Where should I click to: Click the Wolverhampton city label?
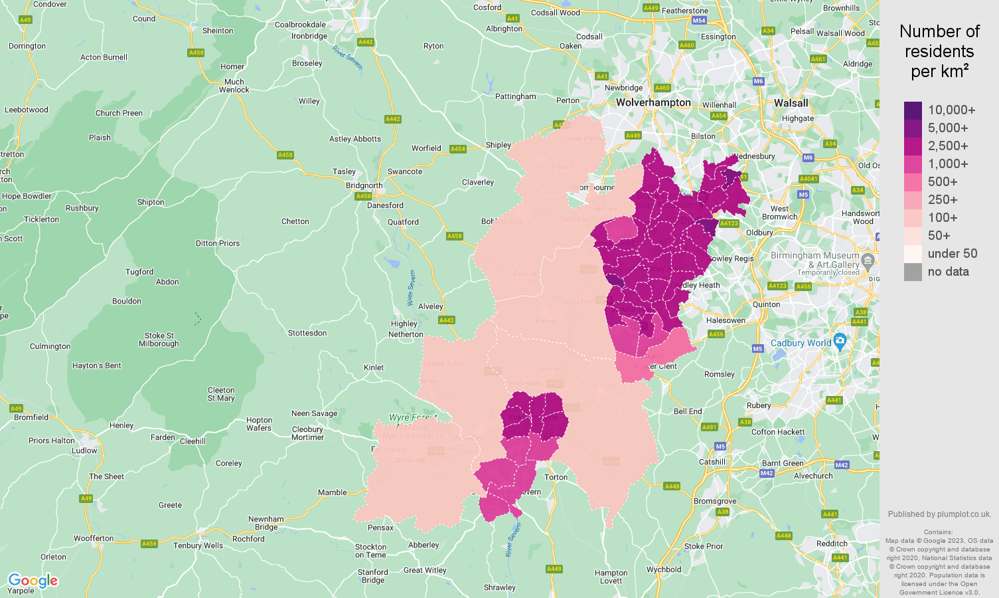click(653, 102)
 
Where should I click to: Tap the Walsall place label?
click(791, 103)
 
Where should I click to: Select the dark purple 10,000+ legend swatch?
click(913, 110)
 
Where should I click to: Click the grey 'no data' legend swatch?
click(913, 272)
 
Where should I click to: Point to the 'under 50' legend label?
click(952, 254)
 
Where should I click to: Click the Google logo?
click(33, 581)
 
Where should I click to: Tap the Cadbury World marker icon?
click(840, 342)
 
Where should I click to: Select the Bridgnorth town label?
click(364, 185)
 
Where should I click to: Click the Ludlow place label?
click(84, 450)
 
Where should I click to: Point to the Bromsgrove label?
click(714, 501)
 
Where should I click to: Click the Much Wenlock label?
click(234, 86)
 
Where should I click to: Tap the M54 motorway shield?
click(699, 21)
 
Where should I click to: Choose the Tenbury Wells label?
click(198, 546)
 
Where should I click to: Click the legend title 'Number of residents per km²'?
click(939, 51)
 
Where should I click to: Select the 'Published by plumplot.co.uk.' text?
click(939, 514)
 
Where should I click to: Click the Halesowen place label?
click(726, 320)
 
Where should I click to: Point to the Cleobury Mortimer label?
click(307, 433)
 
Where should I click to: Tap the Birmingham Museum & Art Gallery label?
click(814, 260)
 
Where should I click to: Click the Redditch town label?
click(832, 544)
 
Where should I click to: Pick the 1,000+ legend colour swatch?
click(913, 164)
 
